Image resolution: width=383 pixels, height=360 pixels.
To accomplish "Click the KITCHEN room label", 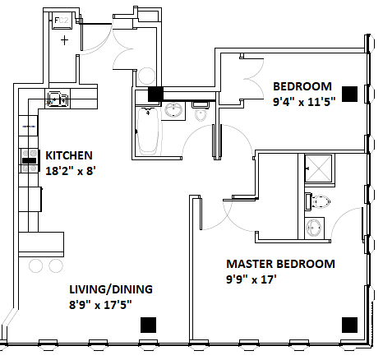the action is coord(69,155).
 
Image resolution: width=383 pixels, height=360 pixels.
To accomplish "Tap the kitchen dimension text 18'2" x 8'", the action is coord(71,171).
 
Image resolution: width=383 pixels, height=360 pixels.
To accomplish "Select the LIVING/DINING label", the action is coord(111,289).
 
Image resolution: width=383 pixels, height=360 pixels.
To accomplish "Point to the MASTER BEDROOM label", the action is coord(281,264).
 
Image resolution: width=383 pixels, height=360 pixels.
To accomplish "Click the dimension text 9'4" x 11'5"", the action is coord(304,102).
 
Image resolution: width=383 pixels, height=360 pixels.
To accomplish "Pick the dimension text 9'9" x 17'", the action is coord(251,279).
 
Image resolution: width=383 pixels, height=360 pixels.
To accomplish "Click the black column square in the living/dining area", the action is coord(148,325).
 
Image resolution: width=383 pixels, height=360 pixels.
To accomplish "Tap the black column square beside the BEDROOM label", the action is coord(350,94).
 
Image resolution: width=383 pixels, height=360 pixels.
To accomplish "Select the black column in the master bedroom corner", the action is coord(350,325).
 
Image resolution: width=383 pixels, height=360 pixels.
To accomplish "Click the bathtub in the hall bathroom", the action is coord(148,132).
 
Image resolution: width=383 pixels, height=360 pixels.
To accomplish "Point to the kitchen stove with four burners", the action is coord(29,160).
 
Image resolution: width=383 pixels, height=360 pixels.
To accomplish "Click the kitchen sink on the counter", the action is coord(58,99).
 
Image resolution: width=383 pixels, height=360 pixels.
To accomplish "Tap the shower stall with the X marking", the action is coord(318,168).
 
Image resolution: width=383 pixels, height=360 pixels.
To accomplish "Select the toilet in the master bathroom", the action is coord(318,201).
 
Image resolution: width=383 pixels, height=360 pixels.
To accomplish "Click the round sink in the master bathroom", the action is coord(314,228).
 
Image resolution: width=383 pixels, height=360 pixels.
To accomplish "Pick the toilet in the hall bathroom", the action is coord(201,112).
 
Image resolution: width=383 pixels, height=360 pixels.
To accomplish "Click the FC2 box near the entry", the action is coord(62,21).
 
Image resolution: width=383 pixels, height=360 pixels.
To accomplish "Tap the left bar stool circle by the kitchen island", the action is coord(35,265).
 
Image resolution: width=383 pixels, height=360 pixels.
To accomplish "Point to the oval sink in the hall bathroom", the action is coord(173,110).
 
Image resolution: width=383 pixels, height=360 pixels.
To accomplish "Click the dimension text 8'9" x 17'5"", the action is coord(100,305).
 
